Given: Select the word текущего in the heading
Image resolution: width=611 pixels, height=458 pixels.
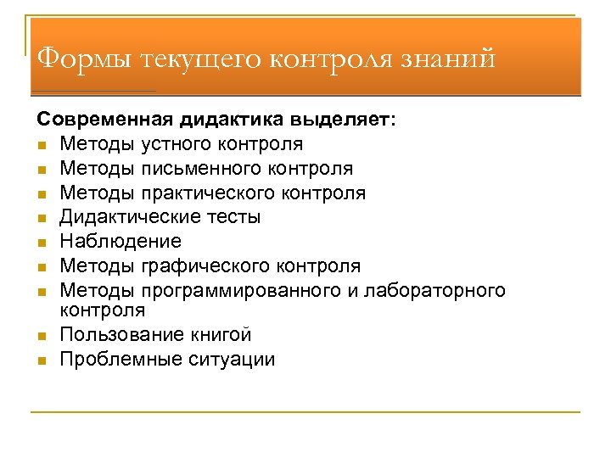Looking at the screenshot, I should (x=205, y=60).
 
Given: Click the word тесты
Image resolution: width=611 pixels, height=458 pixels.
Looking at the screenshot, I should (x=231, y=217).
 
